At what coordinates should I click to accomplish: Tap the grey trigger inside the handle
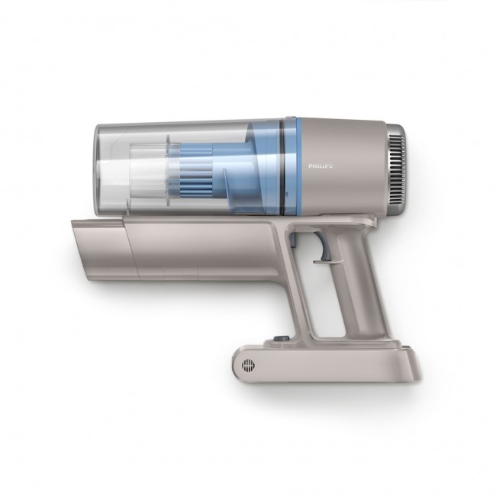(x=325, y=253)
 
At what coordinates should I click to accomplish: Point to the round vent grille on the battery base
(x=248, y=366)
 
